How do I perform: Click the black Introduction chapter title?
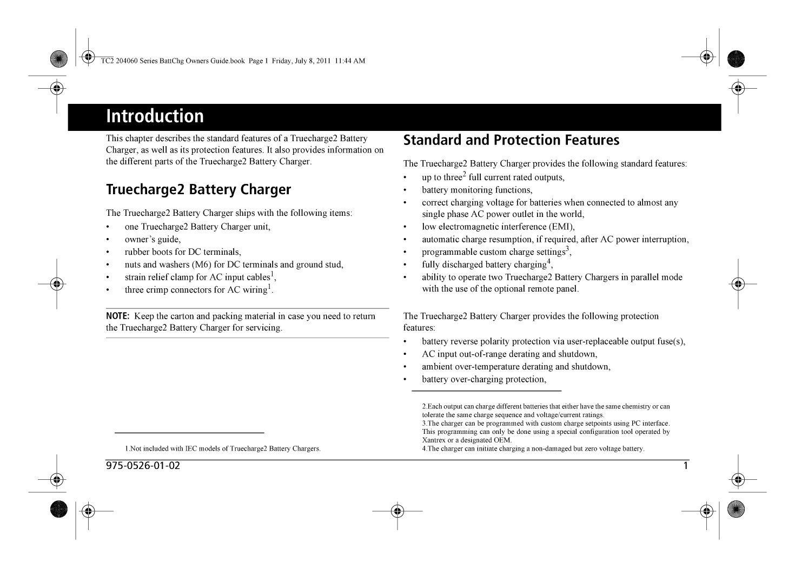point(155,116)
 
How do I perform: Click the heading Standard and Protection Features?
point(511,140)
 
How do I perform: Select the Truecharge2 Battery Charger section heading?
point(198,190)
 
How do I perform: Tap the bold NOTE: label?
point(117,316)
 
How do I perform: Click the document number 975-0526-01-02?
point(143,466)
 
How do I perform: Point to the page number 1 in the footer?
point(685,466)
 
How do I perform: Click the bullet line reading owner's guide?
point(153,240)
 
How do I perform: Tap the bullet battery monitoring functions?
point(477,190)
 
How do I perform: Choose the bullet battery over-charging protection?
point(484,379)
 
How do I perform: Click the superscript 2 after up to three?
point(464,174)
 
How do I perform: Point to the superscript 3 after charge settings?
point(567,249)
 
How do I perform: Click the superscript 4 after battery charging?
point(548,261)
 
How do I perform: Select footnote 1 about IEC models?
point(223,448)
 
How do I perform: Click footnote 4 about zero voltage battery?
point(533,448)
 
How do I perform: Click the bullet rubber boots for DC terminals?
point(183,252)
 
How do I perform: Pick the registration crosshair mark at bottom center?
point(397,510)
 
